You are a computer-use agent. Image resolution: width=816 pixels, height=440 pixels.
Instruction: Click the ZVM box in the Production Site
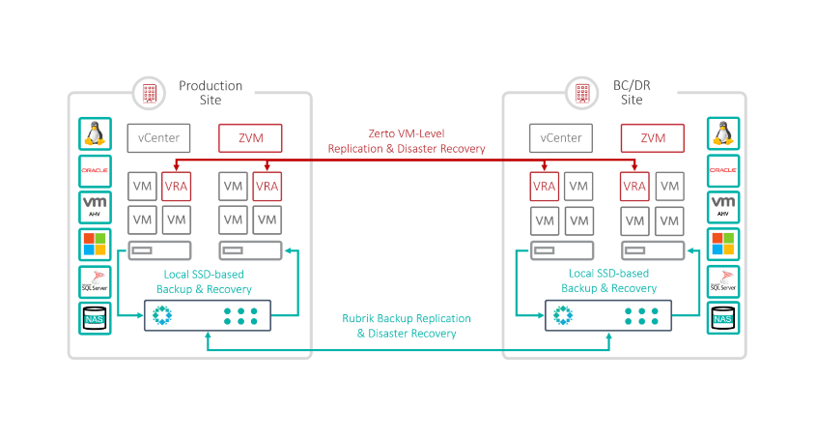[250, 138]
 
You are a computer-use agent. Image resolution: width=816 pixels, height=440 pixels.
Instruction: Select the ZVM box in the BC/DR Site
[653, 138]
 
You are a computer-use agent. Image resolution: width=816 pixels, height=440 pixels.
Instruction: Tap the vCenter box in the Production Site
[159, 138]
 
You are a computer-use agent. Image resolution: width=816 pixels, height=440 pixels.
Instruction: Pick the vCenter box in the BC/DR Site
[562, 138]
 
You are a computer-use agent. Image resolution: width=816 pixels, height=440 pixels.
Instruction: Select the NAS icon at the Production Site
[96, 318]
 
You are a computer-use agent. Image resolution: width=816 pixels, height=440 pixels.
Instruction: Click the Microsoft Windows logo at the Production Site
[96, 245]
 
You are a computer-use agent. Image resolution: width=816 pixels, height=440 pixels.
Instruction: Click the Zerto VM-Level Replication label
[407, 141]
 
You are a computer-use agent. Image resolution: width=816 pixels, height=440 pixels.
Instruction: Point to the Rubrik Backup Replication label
[407, 325]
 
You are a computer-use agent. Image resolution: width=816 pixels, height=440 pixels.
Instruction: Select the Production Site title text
[211, 93]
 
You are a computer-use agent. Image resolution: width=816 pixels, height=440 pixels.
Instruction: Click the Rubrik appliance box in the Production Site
[207, 315]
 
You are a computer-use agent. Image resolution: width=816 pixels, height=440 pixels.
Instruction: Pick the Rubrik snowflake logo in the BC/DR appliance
[562, 315]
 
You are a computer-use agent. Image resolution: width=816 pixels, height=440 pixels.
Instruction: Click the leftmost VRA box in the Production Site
[176, 187]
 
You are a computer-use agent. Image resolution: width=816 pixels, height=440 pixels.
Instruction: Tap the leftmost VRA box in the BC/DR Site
[546, 187]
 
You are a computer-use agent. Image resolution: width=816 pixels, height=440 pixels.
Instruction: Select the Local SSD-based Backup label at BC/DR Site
[608, 281]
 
